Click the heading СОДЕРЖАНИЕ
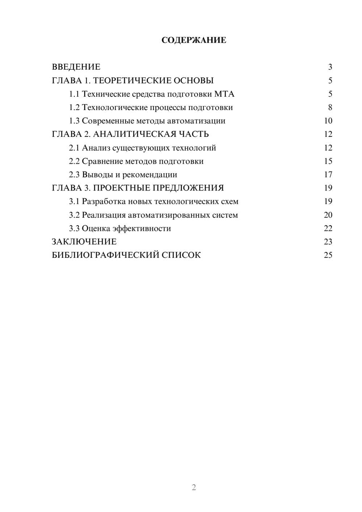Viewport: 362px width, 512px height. click(194, 40)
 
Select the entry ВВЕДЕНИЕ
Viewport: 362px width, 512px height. click(76, 67)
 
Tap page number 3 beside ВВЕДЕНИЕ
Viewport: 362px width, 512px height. click(330, 67)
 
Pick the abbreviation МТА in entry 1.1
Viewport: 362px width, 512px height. click(224, 94)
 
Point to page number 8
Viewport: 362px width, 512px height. click(330, 108)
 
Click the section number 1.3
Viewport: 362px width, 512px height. click(74, 121)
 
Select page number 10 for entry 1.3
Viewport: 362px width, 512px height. click(328, 121)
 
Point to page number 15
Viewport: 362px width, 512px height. click(328, 161)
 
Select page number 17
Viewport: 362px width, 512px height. click(328, 175)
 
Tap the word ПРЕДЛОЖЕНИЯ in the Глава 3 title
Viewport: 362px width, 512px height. click(188, 188)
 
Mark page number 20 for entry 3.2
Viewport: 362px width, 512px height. click(328, 215)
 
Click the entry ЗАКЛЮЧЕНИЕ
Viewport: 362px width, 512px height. click(84, 242)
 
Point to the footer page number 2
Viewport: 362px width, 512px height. click(194, 487)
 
